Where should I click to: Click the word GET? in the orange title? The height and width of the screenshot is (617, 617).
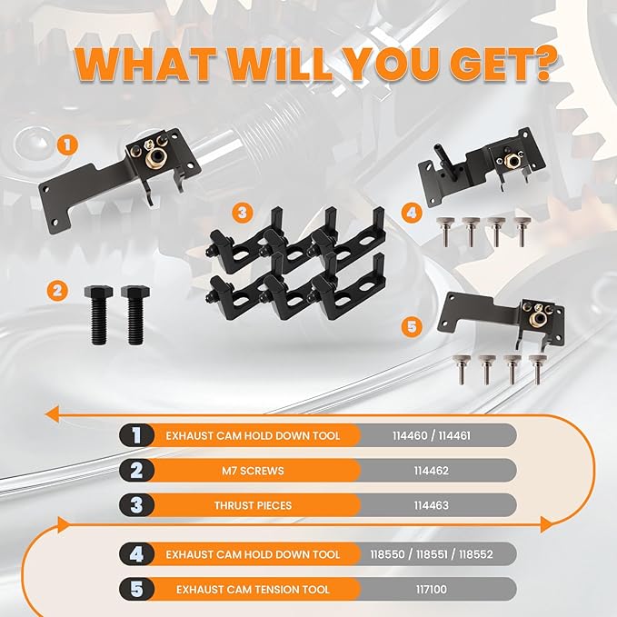click(503, 64)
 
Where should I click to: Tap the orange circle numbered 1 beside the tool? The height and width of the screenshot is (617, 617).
click(67, 144)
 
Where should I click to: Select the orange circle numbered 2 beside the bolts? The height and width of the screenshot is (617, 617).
click(57, 291)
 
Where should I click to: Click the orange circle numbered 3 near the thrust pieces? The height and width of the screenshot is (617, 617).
click(243, 213)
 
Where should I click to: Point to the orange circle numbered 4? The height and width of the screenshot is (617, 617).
click(412, 214)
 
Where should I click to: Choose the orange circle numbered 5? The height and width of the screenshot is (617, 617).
click(412, 326)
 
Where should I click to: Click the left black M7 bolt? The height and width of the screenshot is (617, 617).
click(98, 315)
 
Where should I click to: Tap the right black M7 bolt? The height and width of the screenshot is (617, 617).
click(135, 315)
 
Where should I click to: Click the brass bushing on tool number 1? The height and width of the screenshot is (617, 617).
click(154, 159)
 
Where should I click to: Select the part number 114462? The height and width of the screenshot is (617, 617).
click(431, 471)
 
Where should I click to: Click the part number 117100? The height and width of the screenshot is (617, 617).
click(432, 590)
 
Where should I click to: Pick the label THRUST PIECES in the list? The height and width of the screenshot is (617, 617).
click(253, 505)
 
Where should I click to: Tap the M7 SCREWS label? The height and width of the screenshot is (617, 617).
click(253, 471)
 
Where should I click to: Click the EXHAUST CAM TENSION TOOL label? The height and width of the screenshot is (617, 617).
click(253, 590)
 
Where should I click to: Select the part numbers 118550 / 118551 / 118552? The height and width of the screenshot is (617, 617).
click(432, 554)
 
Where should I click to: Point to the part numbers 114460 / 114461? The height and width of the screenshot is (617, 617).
click(432, 435)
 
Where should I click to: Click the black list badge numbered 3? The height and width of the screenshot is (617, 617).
click(136, 505)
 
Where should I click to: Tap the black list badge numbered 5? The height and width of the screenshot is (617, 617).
click(136, 589)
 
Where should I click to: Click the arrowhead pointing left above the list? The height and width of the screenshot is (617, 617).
click(53, 414)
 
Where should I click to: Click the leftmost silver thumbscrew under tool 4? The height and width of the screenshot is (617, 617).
click(446, 232)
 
